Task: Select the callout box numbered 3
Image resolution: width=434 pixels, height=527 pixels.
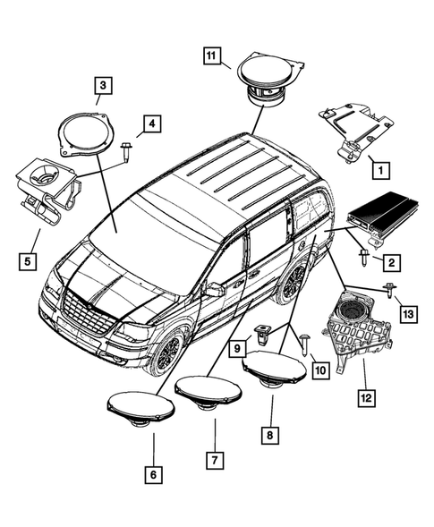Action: [104, 86]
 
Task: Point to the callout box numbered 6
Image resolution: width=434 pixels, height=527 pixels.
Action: [153, 474]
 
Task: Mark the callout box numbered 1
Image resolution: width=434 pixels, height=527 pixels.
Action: [378, 167]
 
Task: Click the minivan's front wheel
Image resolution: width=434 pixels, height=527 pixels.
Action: [167, 350]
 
